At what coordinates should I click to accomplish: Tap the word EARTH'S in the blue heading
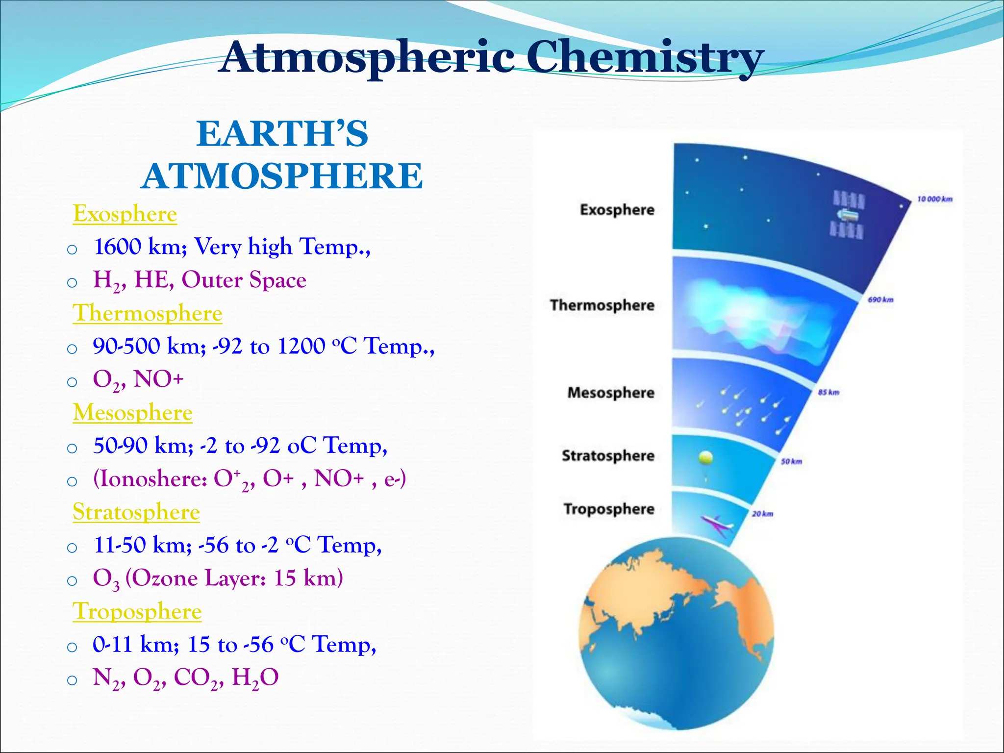(282, 134)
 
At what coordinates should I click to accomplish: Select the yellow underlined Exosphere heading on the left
(125, 214)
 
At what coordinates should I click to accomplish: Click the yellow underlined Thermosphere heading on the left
(148, 313)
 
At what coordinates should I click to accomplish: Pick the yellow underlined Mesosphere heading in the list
(133, 413)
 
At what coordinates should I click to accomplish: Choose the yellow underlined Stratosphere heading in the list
(136, 512)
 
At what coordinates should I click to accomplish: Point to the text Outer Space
(244, 280)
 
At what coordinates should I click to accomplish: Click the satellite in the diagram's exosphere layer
(848, 215)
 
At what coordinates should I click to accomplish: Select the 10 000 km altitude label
(934, 199)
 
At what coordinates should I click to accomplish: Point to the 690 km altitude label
(880, 300)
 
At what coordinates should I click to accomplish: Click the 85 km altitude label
(828, 392)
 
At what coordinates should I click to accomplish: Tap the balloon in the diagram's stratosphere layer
(705, 458)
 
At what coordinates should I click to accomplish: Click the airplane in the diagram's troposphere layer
(717, 524)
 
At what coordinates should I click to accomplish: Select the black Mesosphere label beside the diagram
(611, 393)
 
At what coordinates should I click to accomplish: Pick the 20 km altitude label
(762, 514)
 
